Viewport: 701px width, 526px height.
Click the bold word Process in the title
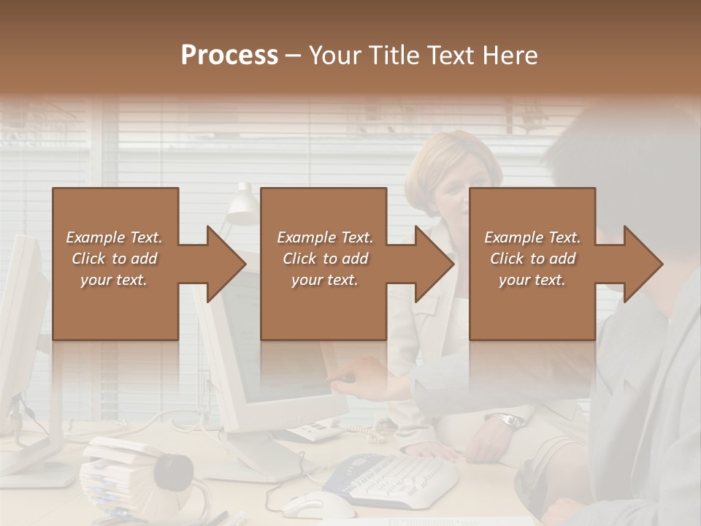click(x=229, y=56)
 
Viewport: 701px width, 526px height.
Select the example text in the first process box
click(x=114, y=259)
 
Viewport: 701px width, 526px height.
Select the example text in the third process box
click(x=532, y=259)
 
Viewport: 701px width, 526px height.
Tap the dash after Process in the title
click(x=294, y=56)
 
